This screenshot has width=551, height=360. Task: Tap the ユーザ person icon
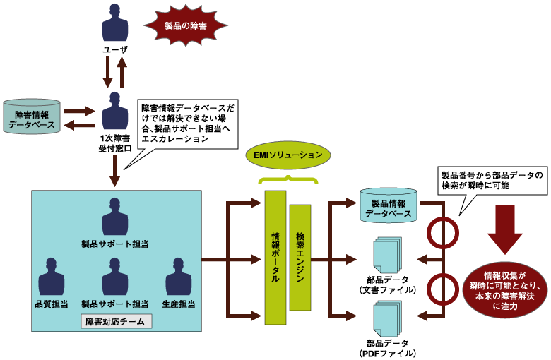(115, 23)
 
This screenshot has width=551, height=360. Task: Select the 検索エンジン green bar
(300, 257)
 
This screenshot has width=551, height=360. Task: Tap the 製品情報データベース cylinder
(389, 205)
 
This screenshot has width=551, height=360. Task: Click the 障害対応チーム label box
(117, 322)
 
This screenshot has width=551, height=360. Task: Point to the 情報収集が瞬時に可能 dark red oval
(505, 291)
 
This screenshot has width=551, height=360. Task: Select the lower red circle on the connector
(443, 287)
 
